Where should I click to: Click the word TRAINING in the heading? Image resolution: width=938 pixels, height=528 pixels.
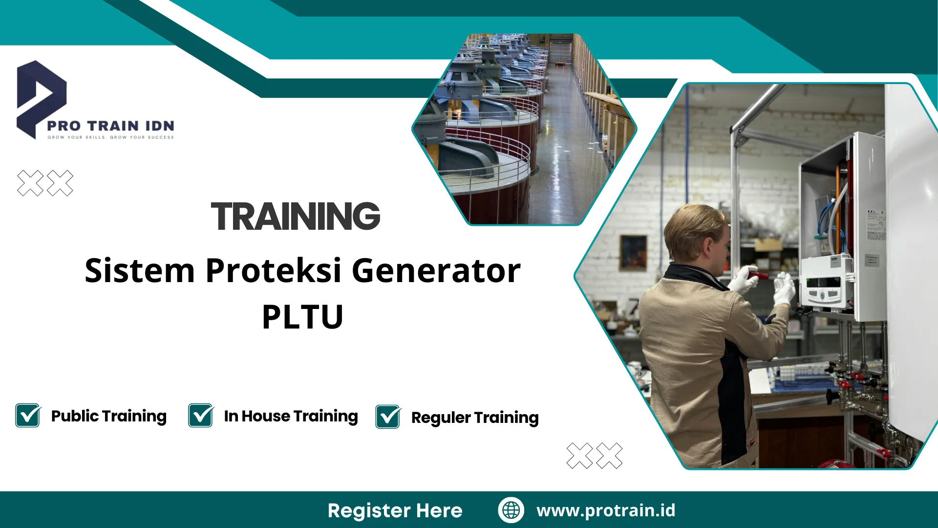[x=296, y=216]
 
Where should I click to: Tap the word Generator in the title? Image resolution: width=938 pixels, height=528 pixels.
[x=436, y=270]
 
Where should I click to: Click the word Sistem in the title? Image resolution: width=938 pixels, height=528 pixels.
[x=140, y=270]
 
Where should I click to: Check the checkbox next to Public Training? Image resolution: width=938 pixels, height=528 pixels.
[x=28, y=416]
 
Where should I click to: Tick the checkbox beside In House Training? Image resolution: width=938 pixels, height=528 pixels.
[x=201, y=416]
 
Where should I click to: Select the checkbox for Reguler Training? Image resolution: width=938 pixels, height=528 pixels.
[x=388, y=417]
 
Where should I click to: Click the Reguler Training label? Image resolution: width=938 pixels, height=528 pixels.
[x=475, y=418]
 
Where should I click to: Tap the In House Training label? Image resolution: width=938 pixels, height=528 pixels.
[x=291, y=416]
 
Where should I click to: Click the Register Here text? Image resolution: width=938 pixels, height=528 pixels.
[x=395, y=510]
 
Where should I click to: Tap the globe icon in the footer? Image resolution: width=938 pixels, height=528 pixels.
[x=511, y=510]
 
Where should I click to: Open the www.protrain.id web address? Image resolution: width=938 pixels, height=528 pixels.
[x=606, y=510]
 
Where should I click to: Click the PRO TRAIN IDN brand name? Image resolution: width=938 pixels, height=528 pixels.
[x=110, y=126]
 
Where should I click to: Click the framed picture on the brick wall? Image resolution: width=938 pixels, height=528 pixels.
[x=633, y=252]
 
